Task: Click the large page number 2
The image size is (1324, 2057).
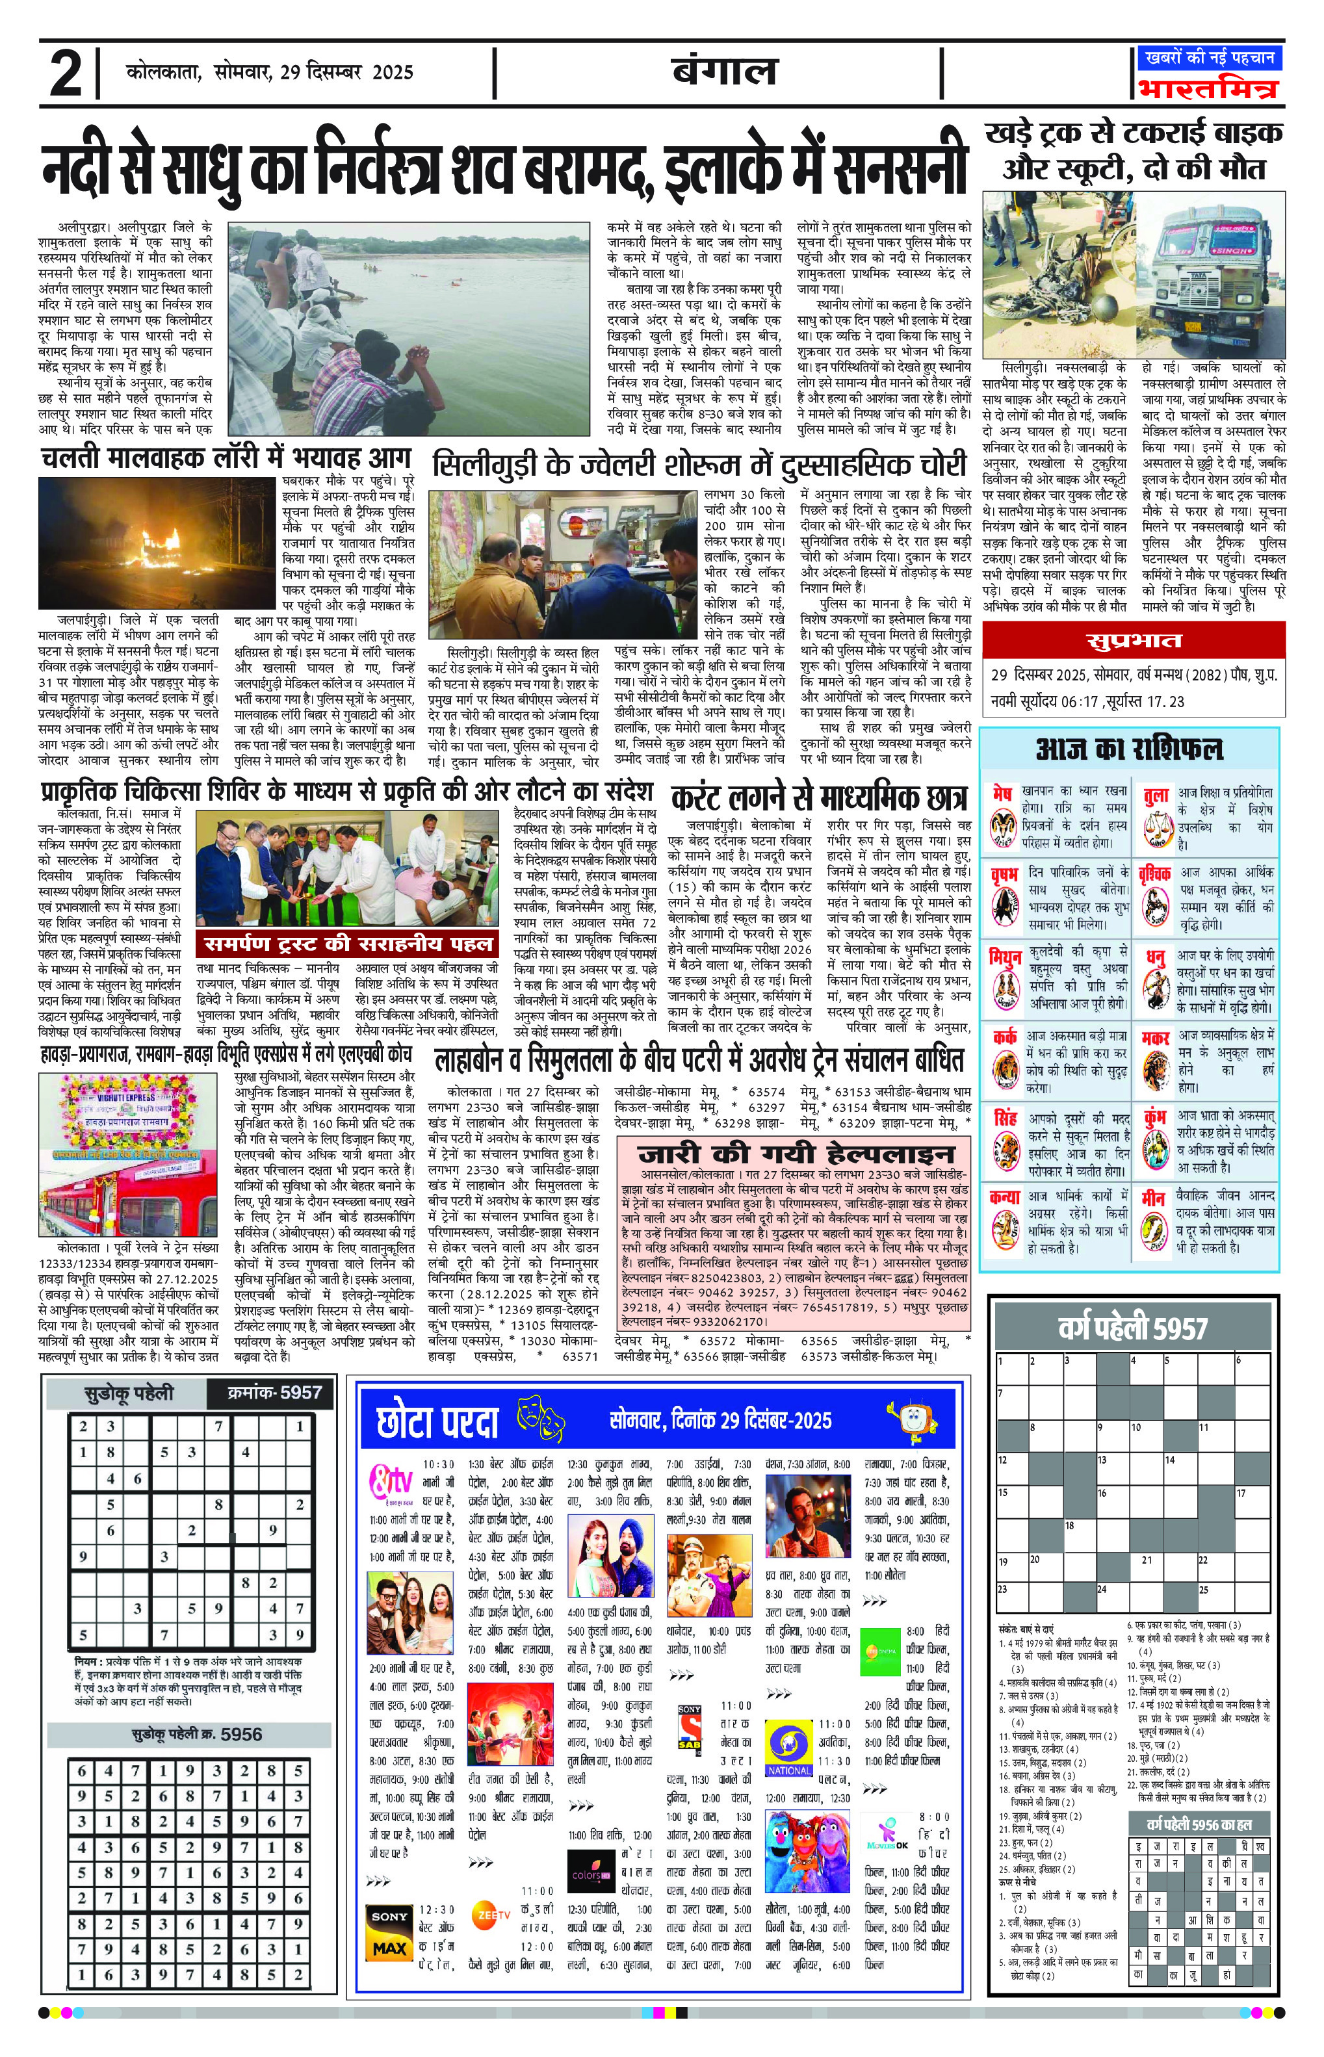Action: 66,75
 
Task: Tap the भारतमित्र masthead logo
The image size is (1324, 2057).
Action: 1208,88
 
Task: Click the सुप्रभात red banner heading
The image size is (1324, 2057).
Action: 1133,641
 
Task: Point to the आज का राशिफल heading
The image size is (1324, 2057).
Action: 1129,749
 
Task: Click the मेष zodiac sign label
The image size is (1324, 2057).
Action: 1002,792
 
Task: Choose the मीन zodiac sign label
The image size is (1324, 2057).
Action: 1154,1197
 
